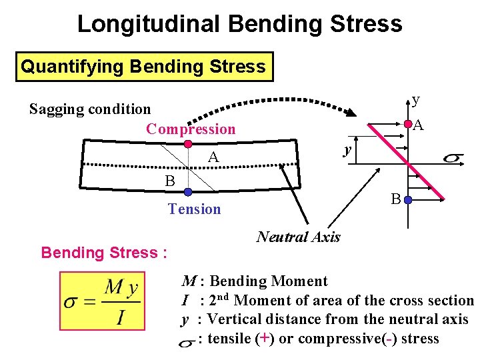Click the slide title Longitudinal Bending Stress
point(239,23)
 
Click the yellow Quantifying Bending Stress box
point(143,67)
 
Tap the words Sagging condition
point(90,109)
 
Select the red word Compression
point(191,129)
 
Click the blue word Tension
point(194,209)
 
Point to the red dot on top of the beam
point(188,144)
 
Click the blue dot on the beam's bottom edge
point(188,192)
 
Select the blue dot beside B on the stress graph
point(407,199)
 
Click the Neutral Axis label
point(298,237)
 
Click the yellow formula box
point(102,301)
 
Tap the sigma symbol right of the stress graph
point(453,158)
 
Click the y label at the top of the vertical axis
point(416,99)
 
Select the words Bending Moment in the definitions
point(269,282)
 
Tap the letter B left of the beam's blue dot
point(170,181)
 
